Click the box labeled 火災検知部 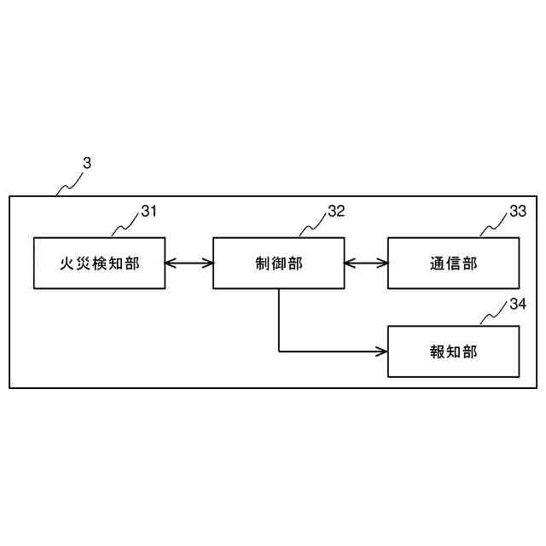coord(100,264)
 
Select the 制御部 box coord(278,264)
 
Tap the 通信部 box coord(453,264)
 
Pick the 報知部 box coord(453,351)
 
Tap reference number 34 coord(517,303)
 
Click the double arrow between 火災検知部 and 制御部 coord(189,264)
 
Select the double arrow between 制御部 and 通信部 coord(366,264)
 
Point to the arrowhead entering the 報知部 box coord(382,351)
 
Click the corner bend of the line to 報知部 coord(279,351)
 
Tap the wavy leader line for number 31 coord(125,224)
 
